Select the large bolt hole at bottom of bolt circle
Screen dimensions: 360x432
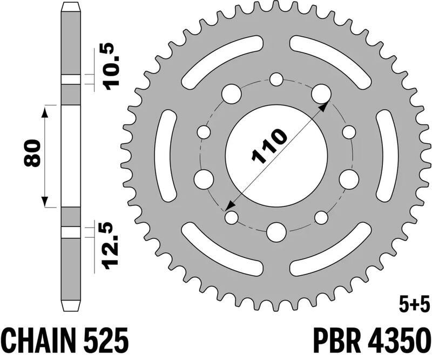276,231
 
